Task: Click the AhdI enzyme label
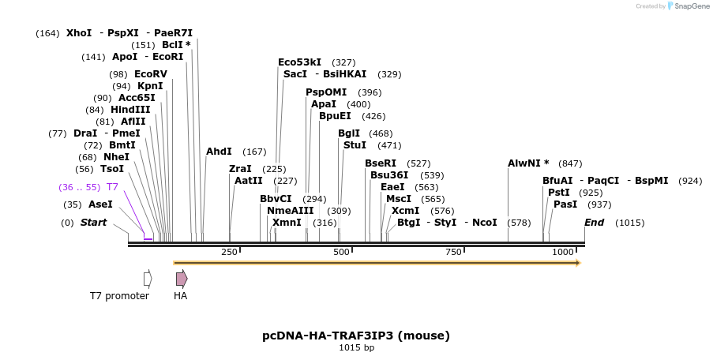pos(219,152)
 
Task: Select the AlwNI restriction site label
pos(528,163)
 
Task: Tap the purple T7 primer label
pos(112,187)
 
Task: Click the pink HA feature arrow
pos(182,279)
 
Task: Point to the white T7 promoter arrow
pos(148,279)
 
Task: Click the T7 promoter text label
pos(119,296)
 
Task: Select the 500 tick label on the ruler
pos(341,252)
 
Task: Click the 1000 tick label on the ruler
pos(562,252)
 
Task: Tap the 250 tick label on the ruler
pos(229,252)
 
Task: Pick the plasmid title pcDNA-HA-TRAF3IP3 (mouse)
pos(356,336)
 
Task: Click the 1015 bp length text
pos(356,347)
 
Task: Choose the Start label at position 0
pos(93,223)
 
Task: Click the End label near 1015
pos(594,223)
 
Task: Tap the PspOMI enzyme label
pos(326,92)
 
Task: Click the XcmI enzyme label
pos(405,211)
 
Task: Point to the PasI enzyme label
pos(565,204)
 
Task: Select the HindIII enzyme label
pos(130,110)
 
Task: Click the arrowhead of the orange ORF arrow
pos(577,263)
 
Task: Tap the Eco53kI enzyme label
pos(299,62)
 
